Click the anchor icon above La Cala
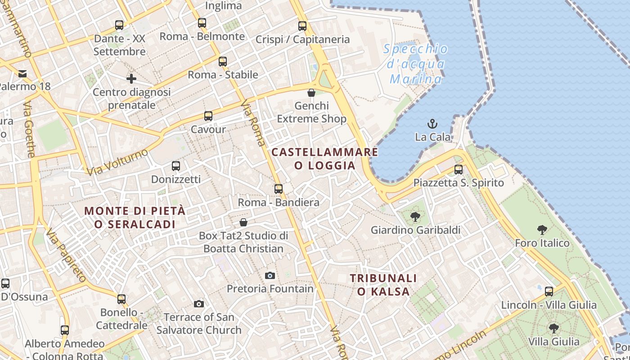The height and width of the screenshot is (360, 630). (432, 123)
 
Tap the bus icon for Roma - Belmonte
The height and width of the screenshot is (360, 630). (202, 22)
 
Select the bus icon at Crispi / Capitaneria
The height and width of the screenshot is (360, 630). (302, 26)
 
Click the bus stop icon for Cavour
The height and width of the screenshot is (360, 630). (208, 116)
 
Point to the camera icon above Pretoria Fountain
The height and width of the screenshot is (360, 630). (270, 275)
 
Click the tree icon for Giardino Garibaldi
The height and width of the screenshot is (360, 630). (415, 217)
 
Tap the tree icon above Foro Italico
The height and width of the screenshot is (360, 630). (542, 230)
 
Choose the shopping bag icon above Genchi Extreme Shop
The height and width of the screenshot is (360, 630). (311, 93)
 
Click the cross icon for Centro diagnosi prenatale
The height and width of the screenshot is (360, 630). (131, 79)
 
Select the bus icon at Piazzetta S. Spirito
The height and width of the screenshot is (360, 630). (459, 170)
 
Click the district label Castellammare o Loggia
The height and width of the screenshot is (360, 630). (324, 158)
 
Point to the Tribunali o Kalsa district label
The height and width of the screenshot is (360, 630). (383, 285)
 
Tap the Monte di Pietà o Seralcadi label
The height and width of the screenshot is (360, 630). (135, 217)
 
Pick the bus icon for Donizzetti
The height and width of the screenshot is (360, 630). (176, 166)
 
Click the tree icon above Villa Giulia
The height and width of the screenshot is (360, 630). (553, 328)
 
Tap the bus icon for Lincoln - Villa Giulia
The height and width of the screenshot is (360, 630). (549, 292)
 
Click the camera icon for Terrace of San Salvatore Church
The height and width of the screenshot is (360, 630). (199, 304)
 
